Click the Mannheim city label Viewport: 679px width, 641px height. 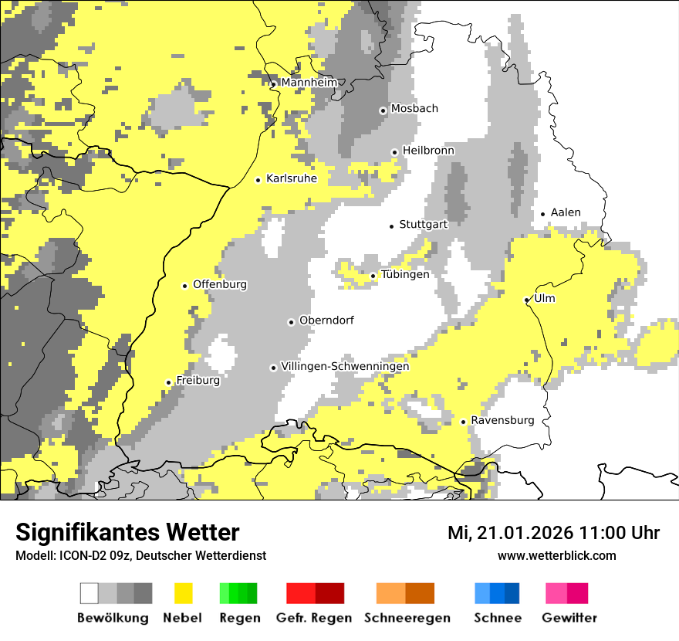click(309, 83)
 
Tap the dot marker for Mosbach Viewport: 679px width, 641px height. click(383, 110)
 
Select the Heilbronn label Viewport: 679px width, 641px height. click(428, 151)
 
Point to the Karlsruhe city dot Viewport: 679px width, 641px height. click(258, 180)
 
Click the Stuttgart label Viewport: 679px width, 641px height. click(423, 225)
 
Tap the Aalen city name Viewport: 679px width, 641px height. click(566, 212)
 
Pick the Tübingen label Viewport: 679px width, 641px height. click(405, 274)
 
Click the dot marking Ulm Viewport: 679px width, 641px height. click(527, 300)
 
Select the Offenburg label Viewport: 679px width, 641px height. click(220, 284)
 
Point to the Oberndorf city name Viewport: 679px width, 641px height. click(326, 320)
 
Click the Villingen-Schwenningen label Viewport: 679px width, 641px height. click(345, 366)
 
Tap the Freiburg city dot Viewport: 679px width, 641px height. click(168, 382)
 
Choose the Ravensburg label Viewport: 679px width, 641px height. click(502, 420)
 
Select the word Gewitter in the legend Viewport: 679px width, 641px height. click(569, 618)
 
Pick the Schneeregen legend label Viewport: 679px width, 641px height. click(407, 618)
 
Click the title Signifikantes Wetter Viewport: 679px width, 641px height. click(127, 532)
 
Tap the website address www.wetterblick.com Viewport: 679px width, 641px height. click(556, 555)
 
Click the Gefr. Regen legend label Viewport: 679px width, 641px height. click(314, 618)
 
